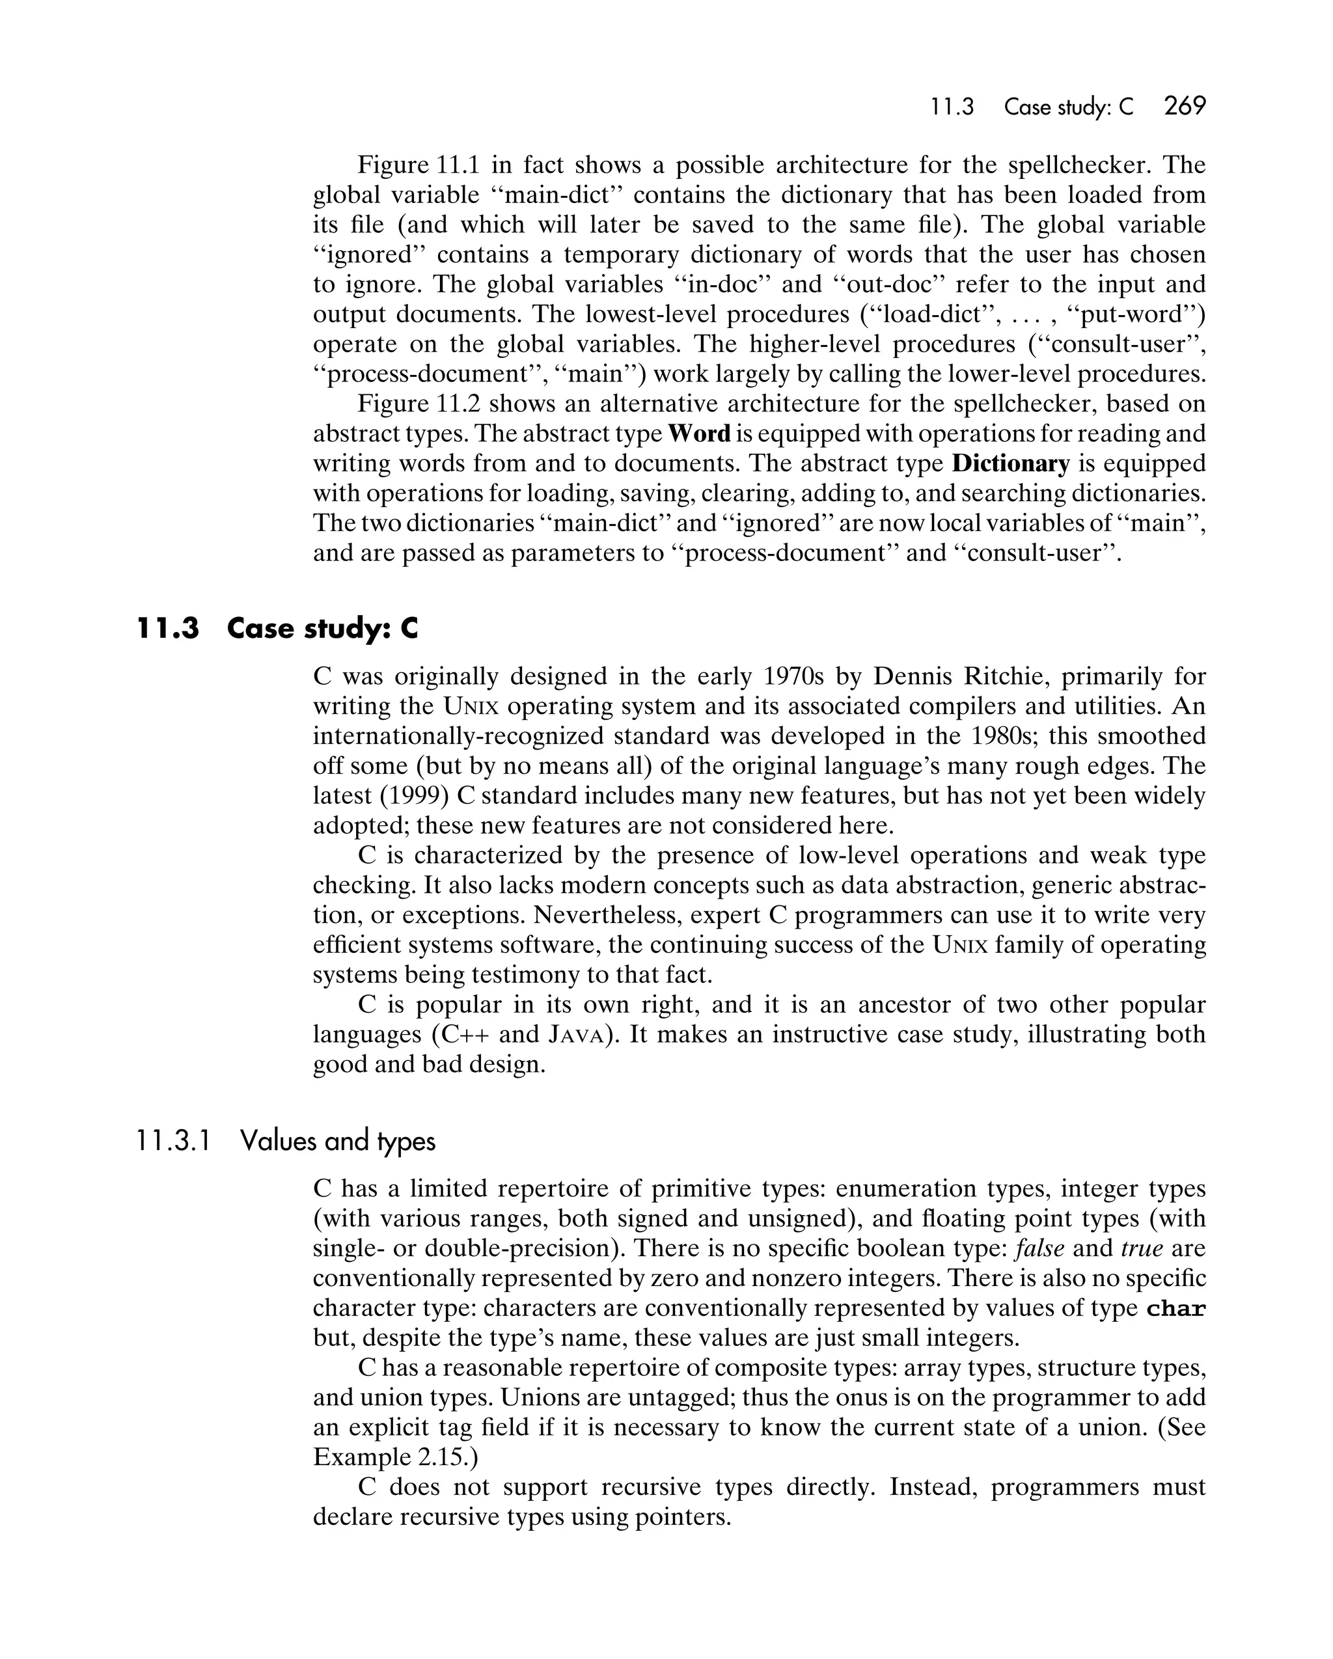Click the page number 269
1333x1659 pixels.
[x=1185, y=106]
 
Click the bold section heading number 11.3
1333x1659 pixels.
[x=168, y=629]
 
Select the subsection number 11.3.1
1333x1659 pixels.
[x=173, y=1140]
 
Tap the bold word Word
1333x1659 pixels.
[x=699, y=434]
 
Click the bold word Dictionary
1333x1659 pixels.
[x=1011, y=464]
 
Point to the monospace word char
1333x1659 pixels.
[x=1175, y=1309]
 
